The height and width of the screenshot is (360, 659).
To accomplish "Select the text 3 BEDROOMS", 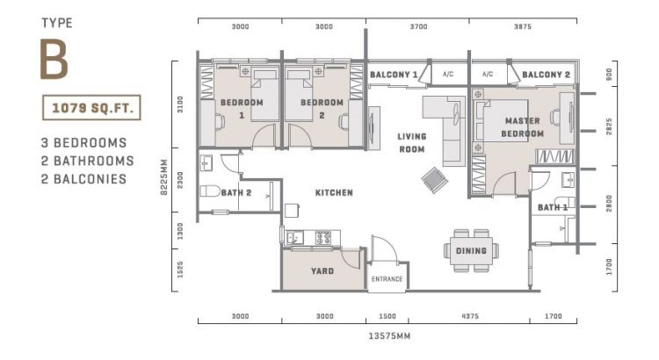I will click(x=83, y=142).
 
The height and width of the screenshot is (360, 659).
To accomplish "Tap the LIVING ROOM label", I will click(x=411, y=141).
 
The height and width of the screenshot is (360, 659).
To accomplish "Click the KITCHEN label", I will click(x=335, y=192).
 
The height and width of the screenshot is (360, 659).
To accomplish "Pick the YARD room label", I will click(x=322, y=271).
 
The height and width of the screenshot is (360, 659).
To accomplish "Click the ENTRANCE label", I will click(x=387, y=279).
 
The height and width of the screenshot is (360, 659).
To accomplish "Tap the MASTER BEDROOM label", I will click(x=522, y=126).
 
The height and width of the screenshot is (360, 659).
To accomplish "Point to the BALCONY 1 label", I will click(x=393, y=75).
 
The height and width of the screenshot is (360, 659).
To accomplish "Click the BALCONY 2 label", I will click(x=546, y=75).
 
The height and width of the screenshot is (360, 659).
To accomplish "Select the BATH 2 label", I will click(x=236, y=191).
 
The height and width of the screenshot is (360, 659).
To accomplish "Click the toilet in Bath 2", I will click(x=211, y=191).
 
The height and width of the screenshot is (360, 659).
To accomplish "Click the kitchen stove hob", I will click(x=322, y=237).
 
